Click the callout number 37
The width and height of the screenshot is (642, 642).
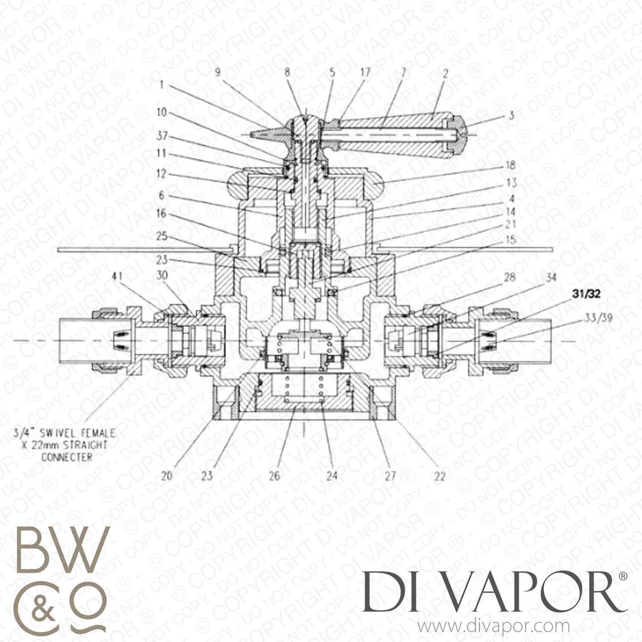162,137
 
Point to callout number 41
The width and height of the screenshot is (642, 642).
117,276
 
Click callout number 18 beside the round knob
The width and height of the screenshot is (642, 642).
510,166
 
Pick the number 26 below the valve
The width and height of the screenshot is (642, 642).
274,476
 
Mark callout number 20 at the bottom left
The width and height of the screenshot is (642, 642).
166,476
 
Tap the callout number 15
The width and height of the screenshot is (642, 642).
511,239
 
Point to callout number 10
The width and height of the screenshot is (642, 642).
161,113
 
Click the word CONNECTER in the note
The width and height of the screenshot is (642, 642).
66,457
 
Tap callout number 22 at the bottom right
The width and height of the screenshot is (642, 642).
440,476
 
